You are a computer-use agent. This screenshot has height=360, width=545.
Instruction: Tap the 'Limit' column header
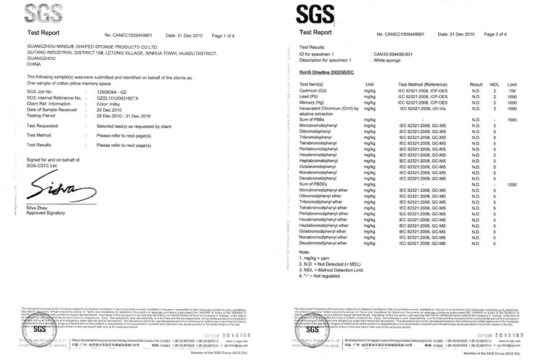click(x=512, y=85)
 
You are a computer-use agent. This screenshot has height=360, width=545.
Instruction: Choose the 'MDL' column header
click(x=493, y=85)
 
